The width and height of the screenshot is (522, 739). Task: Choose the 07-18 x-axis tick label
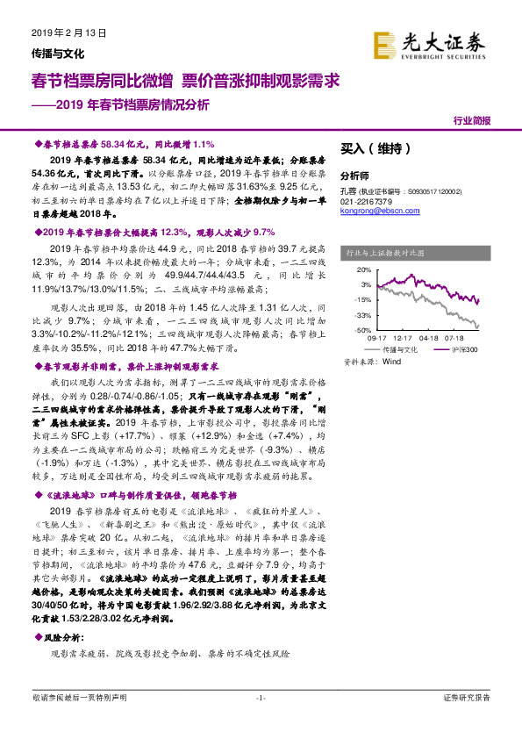click(x=455, y=338)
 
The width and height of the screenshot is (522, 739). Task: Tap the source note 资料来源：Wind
click(x=372, y=361)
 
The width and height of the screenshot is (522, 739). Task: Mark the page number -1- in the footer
click(x=261, y=721)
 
